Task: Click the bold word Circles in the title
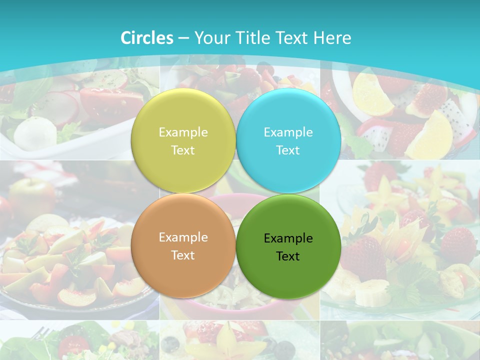[146, 38]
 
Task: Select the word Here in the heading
[332, 38]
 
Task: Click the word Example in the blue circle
[288, 132]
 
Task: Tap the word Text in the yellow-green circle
[183, 150]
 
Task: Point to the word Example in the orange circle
[183, 237]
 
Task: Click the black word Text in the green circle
[288, 256]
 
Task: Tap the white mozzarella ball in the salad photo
[28, 131]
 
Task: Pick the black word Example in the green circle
[288, 238]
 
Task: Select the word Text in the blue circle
[288, 150]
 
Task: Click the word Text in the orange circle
[183, 255]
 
